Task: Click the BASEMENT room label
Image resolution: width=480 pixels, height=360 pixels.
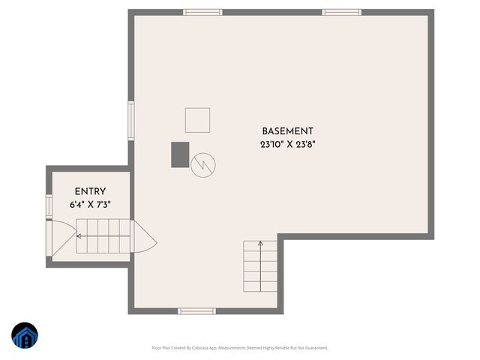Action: (287, 130)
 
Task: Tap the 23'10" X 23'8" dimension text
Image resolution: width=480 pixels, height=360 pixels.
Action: (287, 145)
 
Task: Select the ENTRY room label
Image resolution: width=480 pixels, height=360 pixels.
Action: (90, 191)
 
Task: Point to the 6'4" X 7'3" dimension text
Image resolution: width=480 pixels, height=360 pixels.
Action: (90, 204)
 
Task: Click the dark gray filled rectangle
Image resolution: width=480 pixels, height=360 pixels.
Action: (180, 154)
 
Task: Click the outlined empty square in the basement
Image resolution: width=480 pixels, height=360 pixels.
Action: (197, 120)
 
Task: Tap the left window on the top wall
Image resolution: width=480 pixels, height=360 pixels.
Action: (202, 12)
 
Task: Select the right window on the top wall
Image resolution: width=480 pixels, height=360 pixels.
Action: (341, 12)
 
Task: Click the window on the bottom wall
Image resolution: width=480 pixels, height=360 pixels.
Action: (196, 310)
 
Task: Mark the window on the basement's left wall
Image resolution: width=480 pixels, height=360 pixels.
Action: (131, 121)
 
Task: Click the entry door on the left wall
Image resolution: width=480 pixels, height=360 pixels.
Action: (49, 239)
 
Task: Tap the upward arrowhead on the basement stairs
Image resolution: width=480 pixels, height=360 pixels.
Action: (260, 243)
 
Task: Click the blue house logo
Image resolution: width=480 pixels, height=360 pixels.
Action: (25, 337)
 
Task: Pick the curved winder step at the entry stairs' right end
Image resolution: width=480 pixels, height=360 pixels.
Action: (144, 238)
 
